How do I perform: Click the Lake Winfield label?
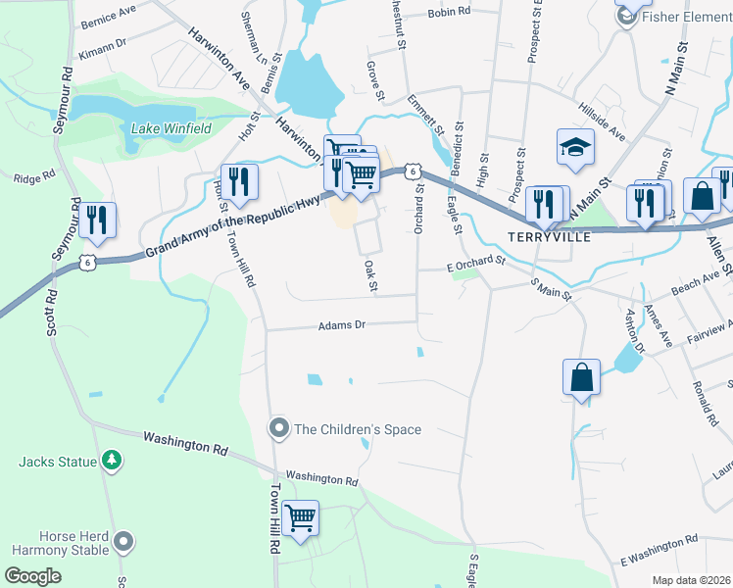[x=171, y=127]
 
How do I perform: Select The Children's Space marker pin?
[x=279, y=429]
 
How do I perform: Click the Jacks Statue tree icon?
[x=113, y=461]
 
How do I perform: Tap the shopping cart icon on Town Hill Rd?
[x=301, y=517]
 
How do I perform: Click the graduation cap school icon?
[x=576, y=148]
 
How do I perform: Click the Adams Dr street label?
[x=341, y=324]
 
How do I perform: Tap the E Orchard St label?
[x=475, y=264]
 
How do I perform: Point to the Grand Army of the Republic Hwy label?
[x=220, y=226]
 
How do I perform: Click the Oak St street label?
[x=370, y=275]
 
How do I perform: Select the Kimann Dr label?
[x=104, y=44]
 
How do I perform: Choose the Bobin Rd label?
[x=450, y=13]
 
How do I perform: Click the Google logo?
[x=33, y=576]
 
